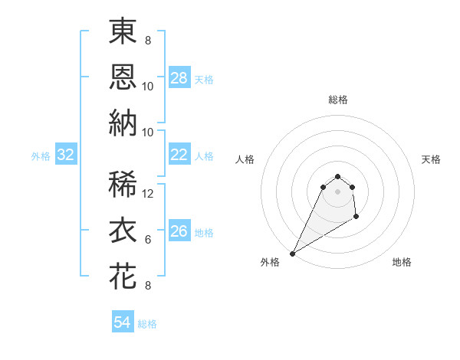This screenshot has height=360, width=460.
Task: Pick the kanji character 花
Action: point(123,276)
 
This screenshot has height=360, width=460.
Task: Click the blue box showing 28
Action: point(179,78)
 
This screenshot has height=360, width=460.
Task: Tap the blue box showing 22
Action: point(179,155)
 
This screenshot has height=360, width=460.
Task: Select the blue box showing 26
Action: point(179,232)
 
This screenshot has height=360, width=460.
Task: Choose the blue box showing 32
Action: point(66,155)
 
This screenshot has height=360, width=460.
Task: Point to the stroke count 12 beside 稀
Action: point(149,194)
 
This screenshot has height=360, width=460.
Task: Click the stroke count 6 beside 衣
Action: point(148,240)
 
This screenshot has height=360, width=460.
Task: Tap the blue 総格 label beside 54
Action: point(147,323)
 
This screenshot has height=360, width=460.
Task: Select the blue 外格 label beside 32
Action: point(41,156)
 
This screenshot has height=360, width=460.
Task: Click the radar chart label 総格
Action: point(337,100)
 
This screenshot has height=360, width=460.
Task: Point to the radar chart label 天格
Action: point(432,159)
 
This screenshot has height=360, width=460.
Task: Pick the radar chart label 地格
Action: point(402,263)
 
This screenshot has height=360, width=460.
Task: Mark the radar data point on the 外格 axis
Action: point(292,253)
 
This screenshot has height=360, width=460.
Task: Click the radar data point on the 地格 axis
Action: point(356,218)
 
